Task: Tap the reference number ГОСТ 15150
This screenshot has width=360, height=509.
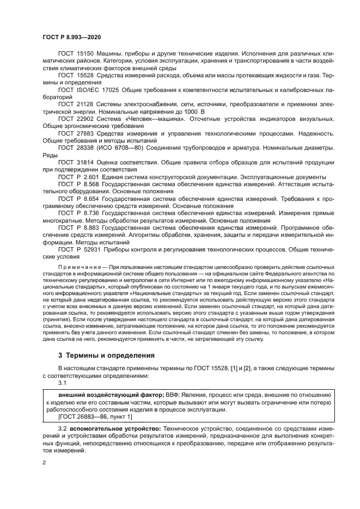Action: click(x=76, y=54)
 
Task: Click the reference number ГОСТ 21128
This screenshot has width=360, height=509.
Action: click(x=76, y=102)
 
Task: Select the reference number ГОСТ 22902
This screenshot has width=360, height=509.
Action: click(x=76, y=118)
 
